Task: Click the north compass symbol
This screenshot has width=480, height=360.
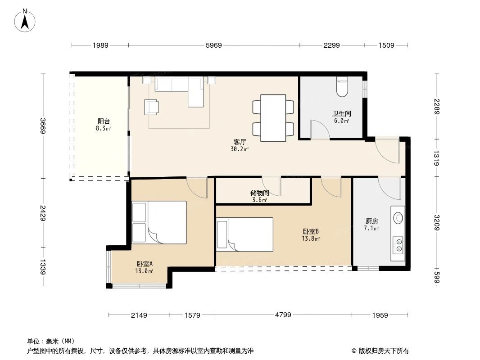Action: [x=26, y=20]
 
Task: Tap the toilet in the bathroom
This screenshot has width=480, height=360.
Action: [x=342, y=87]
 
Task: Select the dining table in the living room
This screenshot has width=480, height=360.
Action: [x=273, y=117]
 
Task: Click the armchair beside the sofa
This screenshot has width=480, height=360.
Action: [x=152, y=107]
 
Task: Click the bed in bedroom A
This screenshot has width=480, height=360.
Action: [x=159, y=223]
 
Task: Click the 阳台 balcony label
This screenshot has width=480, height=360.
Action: [x=104, y=121]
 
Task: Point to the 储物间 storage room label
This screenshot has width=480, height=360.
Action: [x=260, y=193]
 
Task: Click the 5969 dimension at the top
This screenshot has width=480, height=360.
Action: [x=213, y=45]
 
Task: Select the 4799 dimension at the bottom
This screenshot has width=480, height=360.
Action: [x=283, y=315]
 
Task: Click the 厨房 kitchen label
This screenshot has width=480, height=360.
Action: [x=371, y=221]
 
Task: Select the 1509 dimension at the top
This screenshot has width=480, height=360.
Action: [x=386, y=45]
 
